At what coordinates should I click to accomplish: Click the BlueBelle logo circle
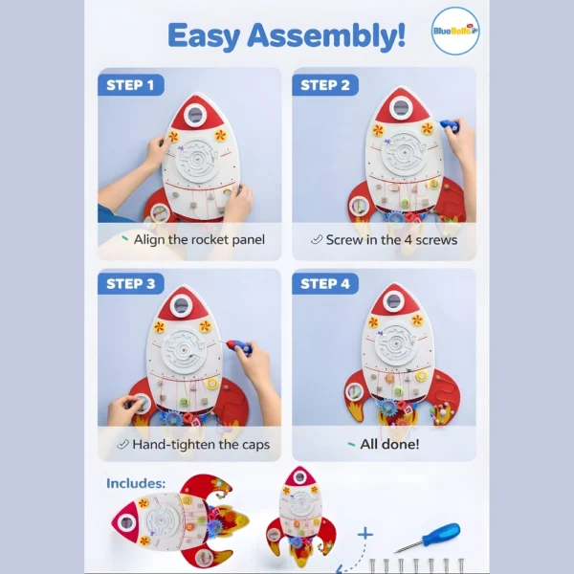click(x=455, y=31)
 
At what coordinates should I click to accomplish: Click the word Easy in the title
click(x=204, y=36)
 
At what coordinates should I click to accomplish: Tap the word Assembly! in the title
click(x=326, y=36)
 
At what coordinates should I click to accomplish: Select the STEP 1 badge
click(x=131, y=85)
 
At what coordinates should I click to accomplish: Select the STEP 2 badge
click(x=325, y=85)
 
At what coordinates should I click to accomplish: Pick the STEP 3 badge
click(x=131, y=284)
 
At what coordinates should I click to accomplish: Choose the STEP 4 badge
click(x=325, y=284)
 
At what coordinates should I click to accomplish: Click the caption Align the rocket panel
click(x=199, y=240)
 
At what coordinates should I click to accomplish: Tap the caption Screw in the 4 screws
click(x=391, y=240)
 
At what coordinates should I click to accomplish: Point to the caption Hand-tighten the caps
click(x=201, y=445)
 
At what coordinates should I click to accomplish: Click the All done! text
click(x=389, y=444)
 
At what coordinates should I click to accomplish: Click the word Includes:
click(x=136, y=483)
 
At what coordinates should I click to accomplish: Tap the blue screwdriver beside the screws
click(x=427, y=538)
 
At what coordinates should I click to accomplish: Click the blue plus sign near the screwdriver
click(x=365, y=534)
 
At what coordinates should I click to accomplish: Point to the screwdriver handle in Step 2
click(x=451, y=125)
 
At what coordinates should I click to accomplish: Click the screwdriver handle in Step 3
click(x=238, y=346)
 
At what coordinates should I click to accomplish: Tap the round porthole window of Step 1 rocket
click(x=195, y=115)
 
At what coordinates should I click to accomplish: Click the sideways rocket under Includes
click(x=180, y=520)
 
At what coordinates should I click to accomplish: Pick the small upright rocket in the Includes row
click(x=300, y=517)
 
